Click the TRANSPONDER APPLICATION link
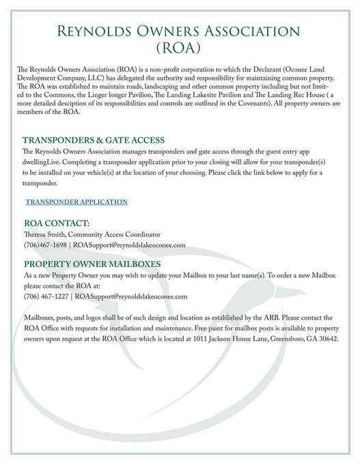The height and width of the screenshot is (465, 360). click(x=77, y=202)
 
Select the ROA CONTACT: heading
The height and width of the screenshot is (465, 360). click(x=57, y=223)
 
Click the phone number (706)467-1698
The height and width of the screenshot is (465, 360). click(x=46, y=244)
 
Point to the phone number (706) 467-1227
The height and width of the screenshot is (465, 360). click(x=46, y=296)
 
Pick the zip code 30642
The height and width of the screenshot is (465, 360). click(x=325, y=339)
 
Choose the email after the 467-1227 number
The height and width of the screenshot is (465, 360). click(x=132, y=296)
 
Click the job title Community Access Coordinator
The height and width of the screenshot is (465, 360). click(x=120, y=234)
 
